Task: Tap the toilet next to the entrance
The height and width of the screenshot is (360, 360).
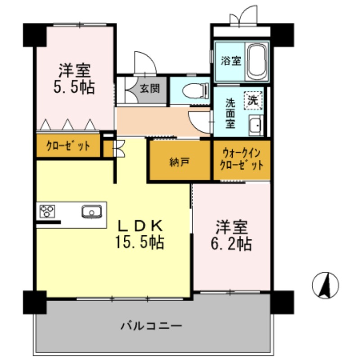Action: (195, 91)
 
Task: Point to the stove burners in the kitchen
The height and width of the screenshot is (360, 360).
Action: (47, 211)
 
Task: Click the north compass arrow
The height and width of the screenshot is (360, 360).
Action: (325, 286)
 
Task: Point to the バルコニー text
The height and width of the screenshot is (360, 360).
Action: (151, 325)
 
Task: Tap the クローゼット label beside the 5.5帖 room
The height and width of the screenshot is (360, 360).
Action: (68, 146)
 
